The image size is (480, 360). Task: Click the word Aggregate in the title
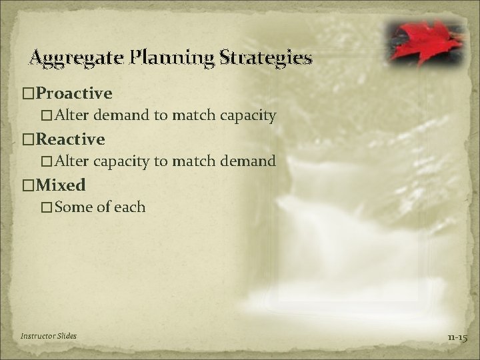71,59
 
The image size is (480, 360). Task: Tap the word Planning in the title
169,59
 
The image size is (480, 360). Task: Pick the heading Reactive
71,139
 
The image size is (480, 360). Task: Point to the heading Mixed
61,184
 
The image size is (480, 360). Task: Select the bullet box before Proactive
28,92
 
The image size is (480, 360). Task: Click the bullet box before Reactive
28,140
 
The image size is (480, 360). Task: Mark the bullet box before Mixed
28,185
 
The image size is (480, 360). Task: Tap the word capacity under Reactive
123,161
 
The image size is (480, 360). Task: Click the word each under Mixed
130,207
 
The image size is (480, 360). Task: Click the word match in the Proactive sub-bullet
194,116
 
